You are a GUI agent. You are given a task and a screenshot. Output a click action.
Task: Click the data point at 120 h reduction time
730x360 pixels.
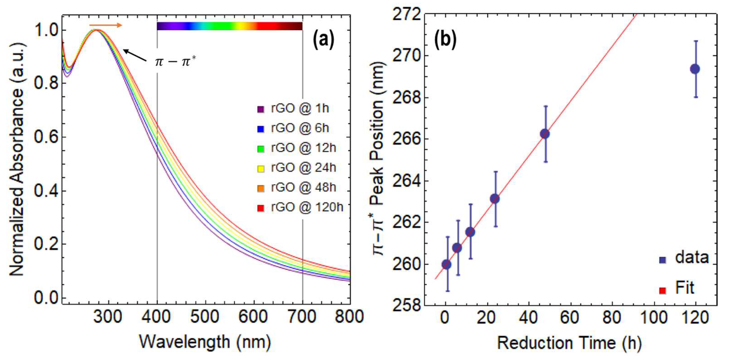[695, 69]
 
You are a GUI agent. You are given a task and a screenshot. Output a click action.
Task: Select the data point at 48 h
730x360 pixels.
[545, 134]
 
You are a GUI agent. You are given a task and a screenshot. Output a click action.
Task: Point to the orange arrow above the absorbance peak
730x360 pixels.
[105, 25]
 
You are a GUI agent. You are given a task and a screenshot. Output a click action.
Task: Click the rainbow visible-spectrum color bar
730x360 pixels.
[229, 26]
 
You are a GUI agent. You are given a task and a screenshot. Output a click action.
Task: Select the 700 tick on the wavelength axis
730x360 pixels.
[302, 316]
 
